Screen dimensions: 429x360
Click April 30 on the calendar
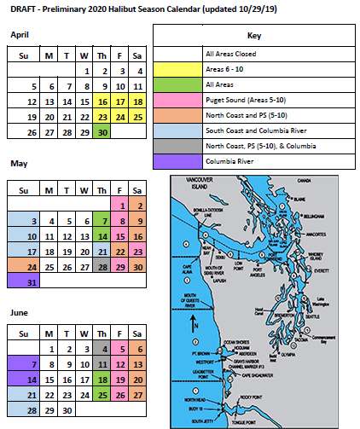click(x=102, y=132)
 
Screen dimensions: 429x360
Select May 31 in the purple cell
click(x=32, y=281)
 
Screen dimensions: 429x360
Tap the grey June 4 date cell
click(x=102, y=348)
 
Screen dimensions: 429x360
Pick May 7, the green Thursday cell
click(x=102, y=221)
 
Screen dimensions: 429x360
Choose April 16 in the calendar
click(x=102, y=101)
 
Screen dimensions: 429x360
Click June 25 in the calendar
click(x=102, y=394)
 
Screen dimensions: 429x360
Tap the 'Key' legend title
click(x=253, y=36)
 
